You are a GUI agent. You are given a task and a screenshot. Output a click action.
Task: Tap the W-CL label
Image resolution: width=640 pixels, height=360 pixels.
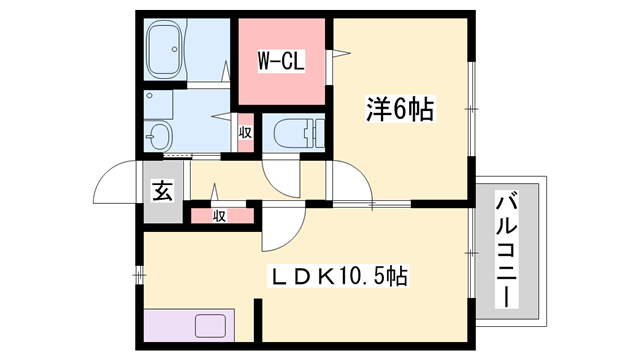[280, 61]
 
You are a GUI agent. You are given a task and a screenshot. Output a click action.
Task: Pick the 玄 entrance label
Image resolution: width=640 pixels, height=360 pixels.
[161, 190]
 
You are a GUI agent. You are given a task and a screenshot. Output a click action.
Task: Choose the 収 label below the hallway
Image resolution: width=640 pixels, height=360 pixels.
[217, 215]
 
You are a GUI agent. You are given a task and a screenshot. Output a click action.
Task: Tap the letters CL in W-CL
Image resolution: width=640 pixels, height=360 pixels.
[291, 61]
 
